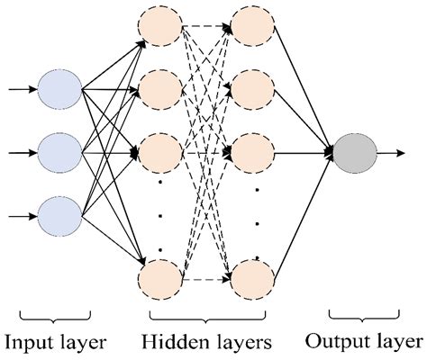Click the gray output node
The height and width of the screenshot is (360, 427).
(x=355, y=154)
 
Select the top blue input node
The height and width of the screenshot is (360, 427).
(x=59, y=89)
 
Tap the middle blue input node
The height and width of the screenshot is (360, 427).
(x=59, y=153)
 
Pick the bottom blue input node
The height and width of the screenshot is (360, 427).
(x=59, y=217)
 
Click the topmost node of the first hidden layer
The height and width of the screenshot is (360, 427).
(x=160, y=26)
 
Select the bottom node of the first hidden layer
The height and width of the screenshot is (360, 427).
(x=160, y=280)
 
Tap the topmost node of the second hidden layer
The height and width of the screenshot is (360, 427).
(x=252, y=26)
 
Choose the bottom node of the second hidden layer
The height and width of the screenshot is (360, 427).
(x=252, y=280)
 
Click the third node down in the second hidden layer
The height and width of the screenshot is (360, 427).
(x=252, y=153)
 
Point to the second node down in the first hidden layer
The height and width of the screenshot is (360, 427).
(x=160, y=89)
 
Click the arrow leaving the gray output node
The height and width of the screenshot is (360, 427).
(x=391, y=153)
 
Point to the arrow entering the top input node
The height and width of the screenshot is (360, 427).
(x=23, y=89)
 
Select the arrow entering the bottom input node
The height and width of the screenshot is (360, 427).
(x=23, y=216)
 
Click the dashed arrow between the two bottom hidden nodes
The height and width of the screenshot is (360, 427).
(x=206, y=280)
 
